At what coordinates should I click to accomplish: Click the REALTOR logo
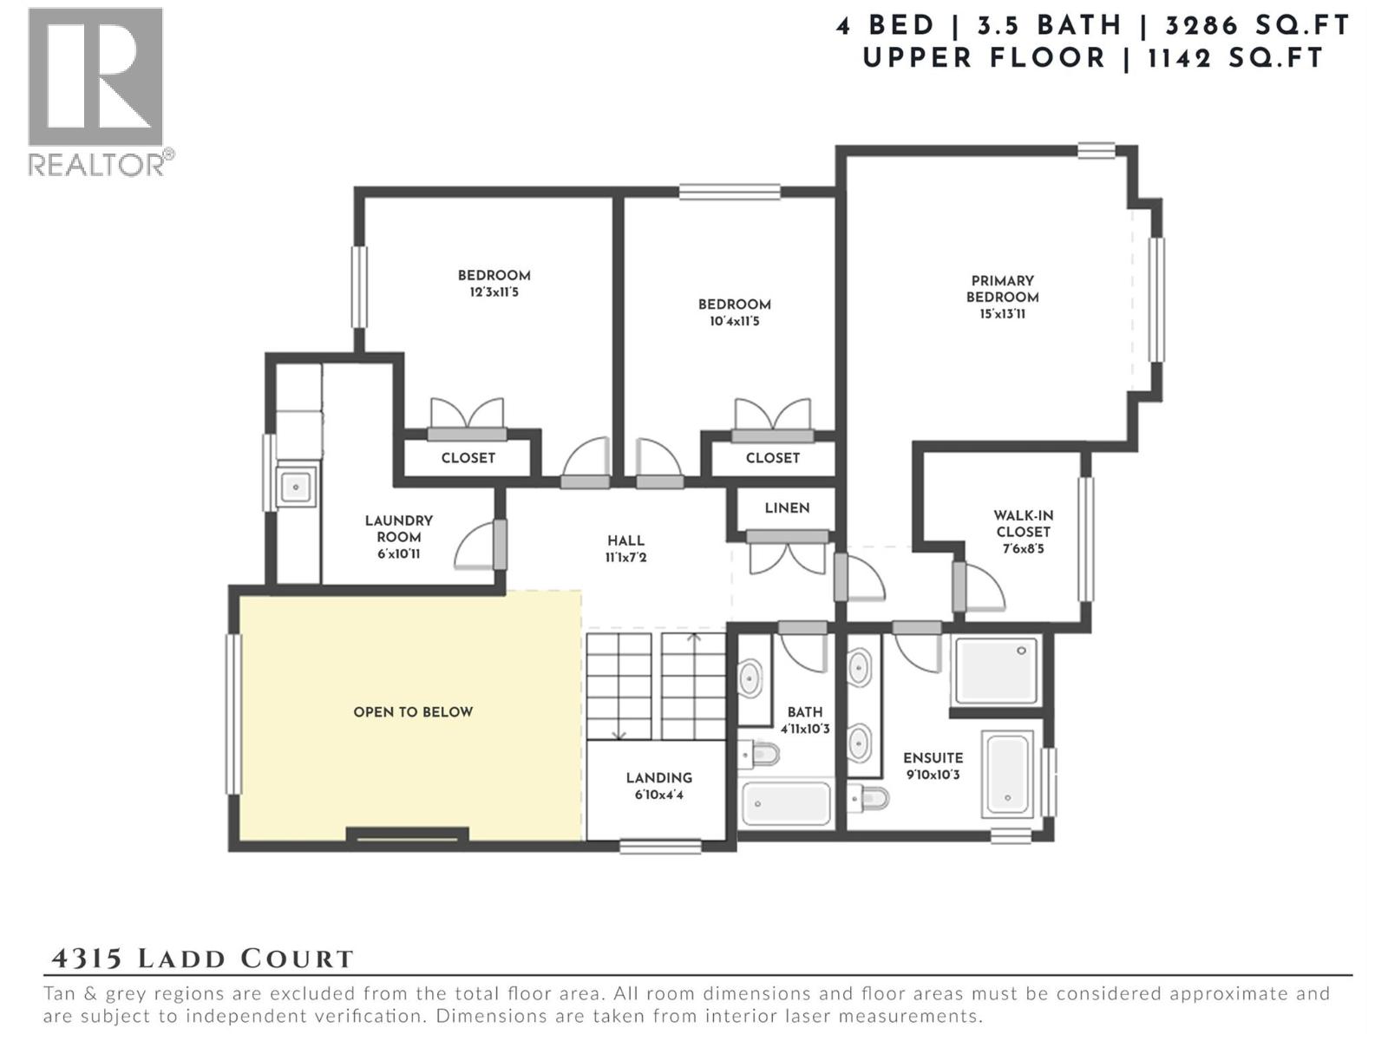tap(95, 91)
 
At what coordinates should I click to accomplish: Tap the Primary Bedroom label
tap(1002, 289)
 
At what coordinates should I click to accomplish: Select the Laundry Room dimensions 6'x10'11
tap(398, 553)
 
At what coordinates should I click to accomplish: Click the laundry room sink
tap(295, 487)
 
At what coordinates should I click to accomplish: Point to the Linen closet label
tap(787, 508)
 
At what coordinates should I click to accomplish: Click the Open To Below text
tap(413, 712)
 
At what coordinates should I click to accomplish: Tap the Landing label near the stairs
tap(659, 778)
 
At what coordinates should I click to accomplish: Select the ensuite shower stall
tap(996, 671)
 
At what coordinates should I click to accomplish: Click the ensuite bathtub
tap(1007, 774)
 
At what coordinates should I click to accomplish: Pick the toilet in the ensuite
tap(871, 796)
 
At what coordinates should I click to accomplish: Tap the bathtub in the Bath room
tap(786, 804)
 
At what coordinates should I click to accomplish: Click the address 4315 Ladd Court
tap(203, 959)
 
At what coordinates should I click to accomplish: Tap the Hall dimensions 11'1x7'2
tap(625, 558)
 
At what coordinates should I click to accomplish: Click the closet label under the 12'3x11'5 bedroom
tap(468, 458)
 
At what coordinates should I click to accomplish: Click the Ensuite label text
tap(933, 758)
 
